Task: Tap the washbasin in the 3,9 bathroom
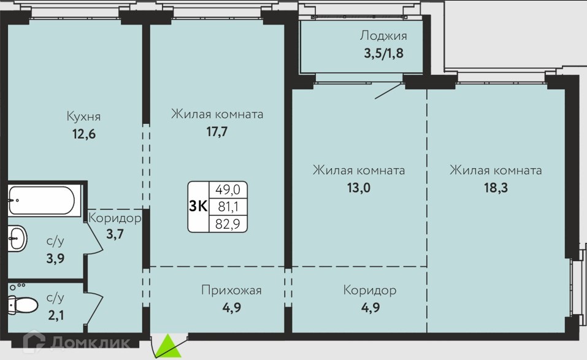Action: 17,238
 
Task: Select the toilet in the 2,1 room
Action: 23,304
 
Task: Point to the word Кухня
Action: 83,116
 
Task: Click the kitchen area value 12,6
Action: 84,134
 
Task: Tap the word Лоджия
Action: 383,36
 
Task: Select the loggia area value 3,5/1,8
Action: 384,53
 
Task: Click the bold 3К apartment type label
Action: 198,206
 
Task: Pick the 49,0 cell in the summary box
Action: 228,190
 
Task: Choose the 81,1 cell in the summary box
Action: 228,206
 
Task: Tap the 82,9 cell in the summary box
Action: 228,224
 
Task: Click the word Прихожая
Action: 231,290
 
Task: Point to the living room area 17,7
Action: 217,131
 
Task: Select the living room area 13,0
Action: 359,188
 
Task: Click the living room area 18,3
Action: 496,188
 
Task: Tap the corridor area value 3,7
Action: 115,234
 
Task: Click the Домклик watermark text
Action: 90,342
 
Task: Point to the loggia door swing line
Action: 389,91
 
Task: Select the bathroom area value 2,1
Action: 56,315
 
